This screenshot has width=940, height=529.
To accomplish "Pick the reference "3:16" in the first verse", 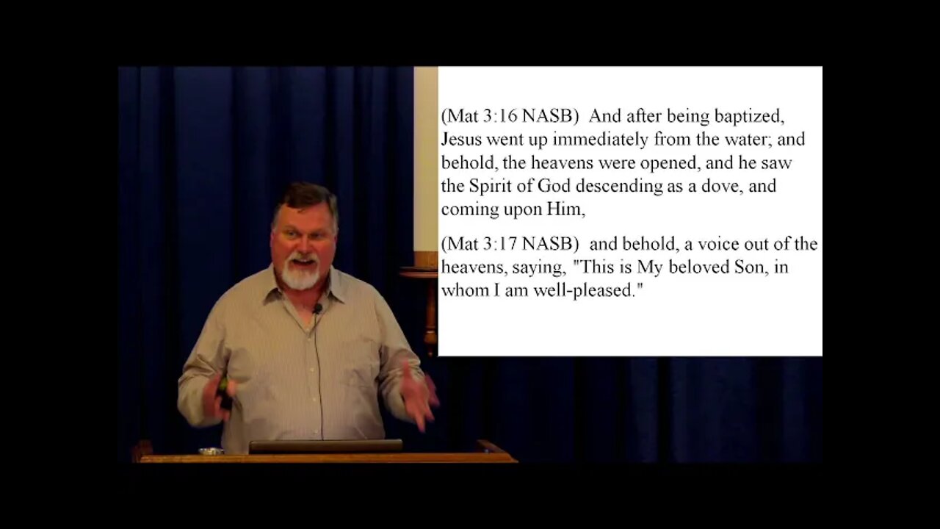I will [493, 116].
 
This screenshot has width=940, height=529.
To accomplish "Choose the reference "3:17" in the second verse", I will [493, 244].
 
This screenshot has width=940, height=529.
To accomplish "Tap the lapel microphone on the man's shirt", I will [317, 309].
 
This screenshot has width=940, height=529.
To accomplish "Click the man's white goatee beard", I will [301, 277].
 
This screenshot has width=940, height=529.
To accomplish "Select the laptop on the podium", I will [325, 446].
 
